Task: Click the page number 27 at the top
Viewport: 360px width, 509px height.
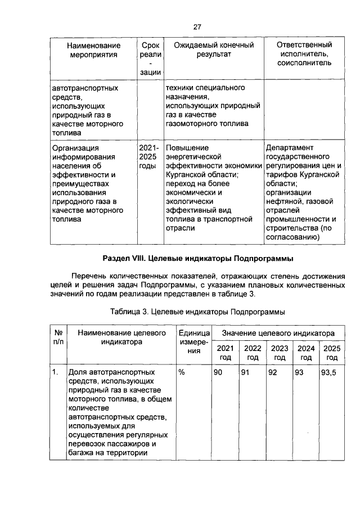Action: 197,26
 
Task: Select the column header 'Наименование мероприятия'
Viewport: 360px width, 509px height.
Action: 93,49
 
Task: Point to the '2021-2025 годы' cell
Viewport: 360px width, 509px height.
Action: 148,157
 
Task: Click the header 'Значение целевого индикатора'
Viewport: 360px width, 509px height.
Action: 278,334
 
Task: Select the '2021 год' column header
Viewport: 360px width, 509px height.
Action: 225,353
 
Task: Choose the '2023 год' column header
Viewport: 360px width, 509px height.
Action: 280,353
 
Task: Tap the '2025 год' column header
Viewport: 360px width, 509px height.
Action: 332,353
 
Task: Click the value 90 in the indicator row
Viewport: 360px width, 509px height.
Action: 218,373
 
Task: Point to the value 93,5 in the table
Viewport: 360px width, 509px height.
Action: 328,373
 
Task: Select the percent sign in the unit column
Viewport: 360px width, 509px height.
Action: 182,373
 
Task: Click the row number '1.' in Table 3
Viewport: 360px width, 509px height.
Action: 55,373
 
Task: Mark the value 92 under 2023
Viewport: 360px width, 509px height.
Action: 273,373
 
